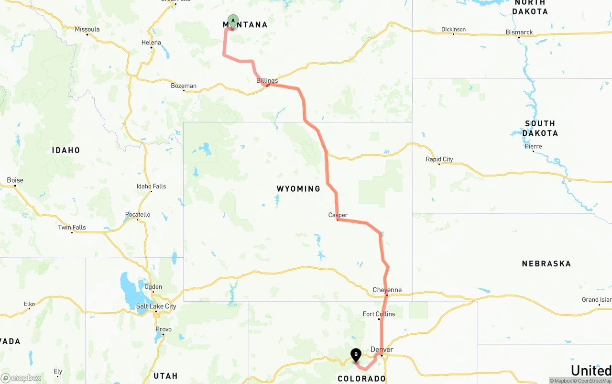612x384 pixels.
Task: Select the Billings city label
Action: click(267, 80)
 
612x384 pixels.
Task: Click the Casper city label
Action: click(338, 215)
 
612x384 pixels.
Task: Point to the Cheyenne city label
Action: click(387, 290)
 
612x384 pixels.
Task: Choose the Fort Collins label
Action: click(379, 314)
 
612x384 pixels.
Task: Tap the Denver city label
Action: click(382, 350)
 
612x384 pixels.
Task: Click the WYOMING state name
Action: click(298, 189)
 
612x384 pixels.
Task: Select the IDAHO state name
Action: click(66, 150)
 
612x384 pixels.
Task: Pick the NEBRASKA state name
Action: click(546, 263)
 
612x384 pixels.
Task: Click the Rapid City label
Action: click(439, 159)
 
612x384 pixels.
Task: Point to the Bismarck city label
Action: click(519, 33)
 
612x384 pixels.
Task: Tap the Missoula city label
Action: click(87, 29)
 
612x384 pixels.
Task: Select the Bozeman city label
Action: click(184, 86)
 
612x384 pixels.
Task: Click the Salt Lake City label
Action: click(156, 306)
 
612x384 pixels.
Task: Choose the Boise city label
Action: click(15, 180)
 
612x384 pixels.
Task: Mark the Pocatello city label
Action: click(138, 214)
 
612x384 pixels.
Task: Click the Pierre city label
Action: click(533, 146)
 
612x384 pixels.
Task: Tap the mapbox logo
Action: click(21, 378)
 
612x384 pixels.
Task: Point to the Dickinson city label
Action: click(453, 30)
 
